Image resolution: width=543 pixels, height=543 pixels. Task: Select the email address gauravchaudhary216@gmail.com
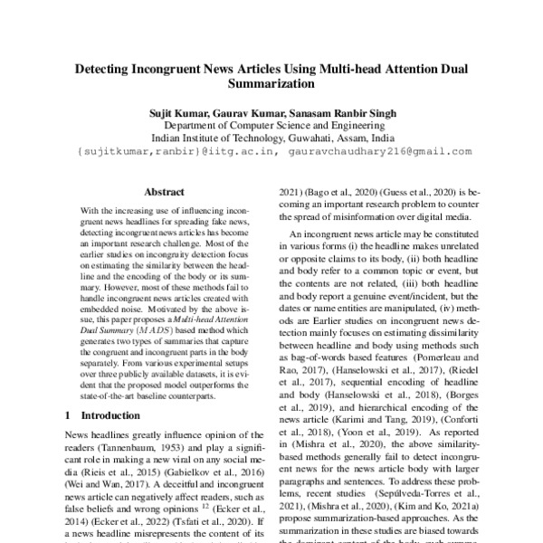pyautogui.click(x=392, y=151)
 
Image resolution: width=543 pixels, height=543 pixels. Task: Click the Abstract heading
pyautogui.click(x=164, y=192)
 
